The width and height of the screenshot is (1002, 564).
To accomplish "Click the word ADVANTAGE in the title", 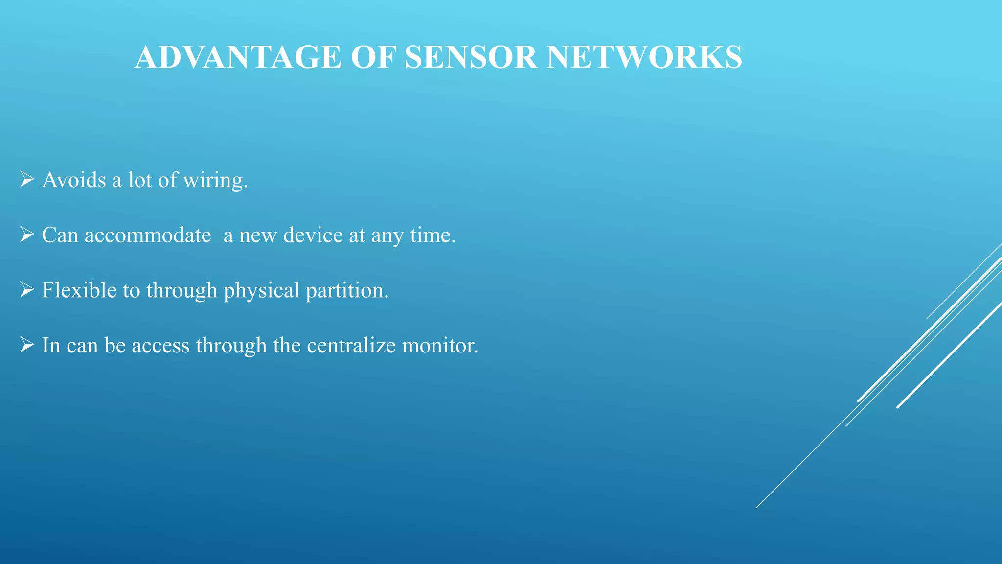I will (238, 57).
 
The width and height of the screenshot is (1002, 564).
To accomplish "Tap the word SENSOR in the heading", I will (471, 57).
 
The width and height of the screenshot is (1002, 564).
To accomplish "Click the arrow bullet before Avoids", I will (27, 179).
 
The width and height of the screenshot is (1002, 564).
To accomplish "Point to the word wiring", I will (215, 180).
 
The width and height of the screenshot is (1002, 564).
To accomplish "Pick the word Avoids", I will (74, 180).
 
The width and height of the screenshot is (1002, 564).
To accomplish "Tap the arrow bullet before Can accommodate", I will (27, 235).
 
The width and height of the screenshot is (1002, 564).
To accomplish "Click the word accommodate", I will (148, 235).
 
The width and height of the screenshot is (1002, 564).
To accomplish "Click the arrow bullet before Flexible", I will (27, 290).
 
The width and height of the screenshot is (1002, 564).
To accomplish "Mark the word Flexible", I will (79, 290).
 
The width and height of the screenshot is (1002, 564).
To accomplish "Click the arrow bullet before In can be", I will (27, 345).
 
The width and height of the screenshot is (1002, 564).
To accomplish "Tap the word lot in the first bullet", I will (140, 180).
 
